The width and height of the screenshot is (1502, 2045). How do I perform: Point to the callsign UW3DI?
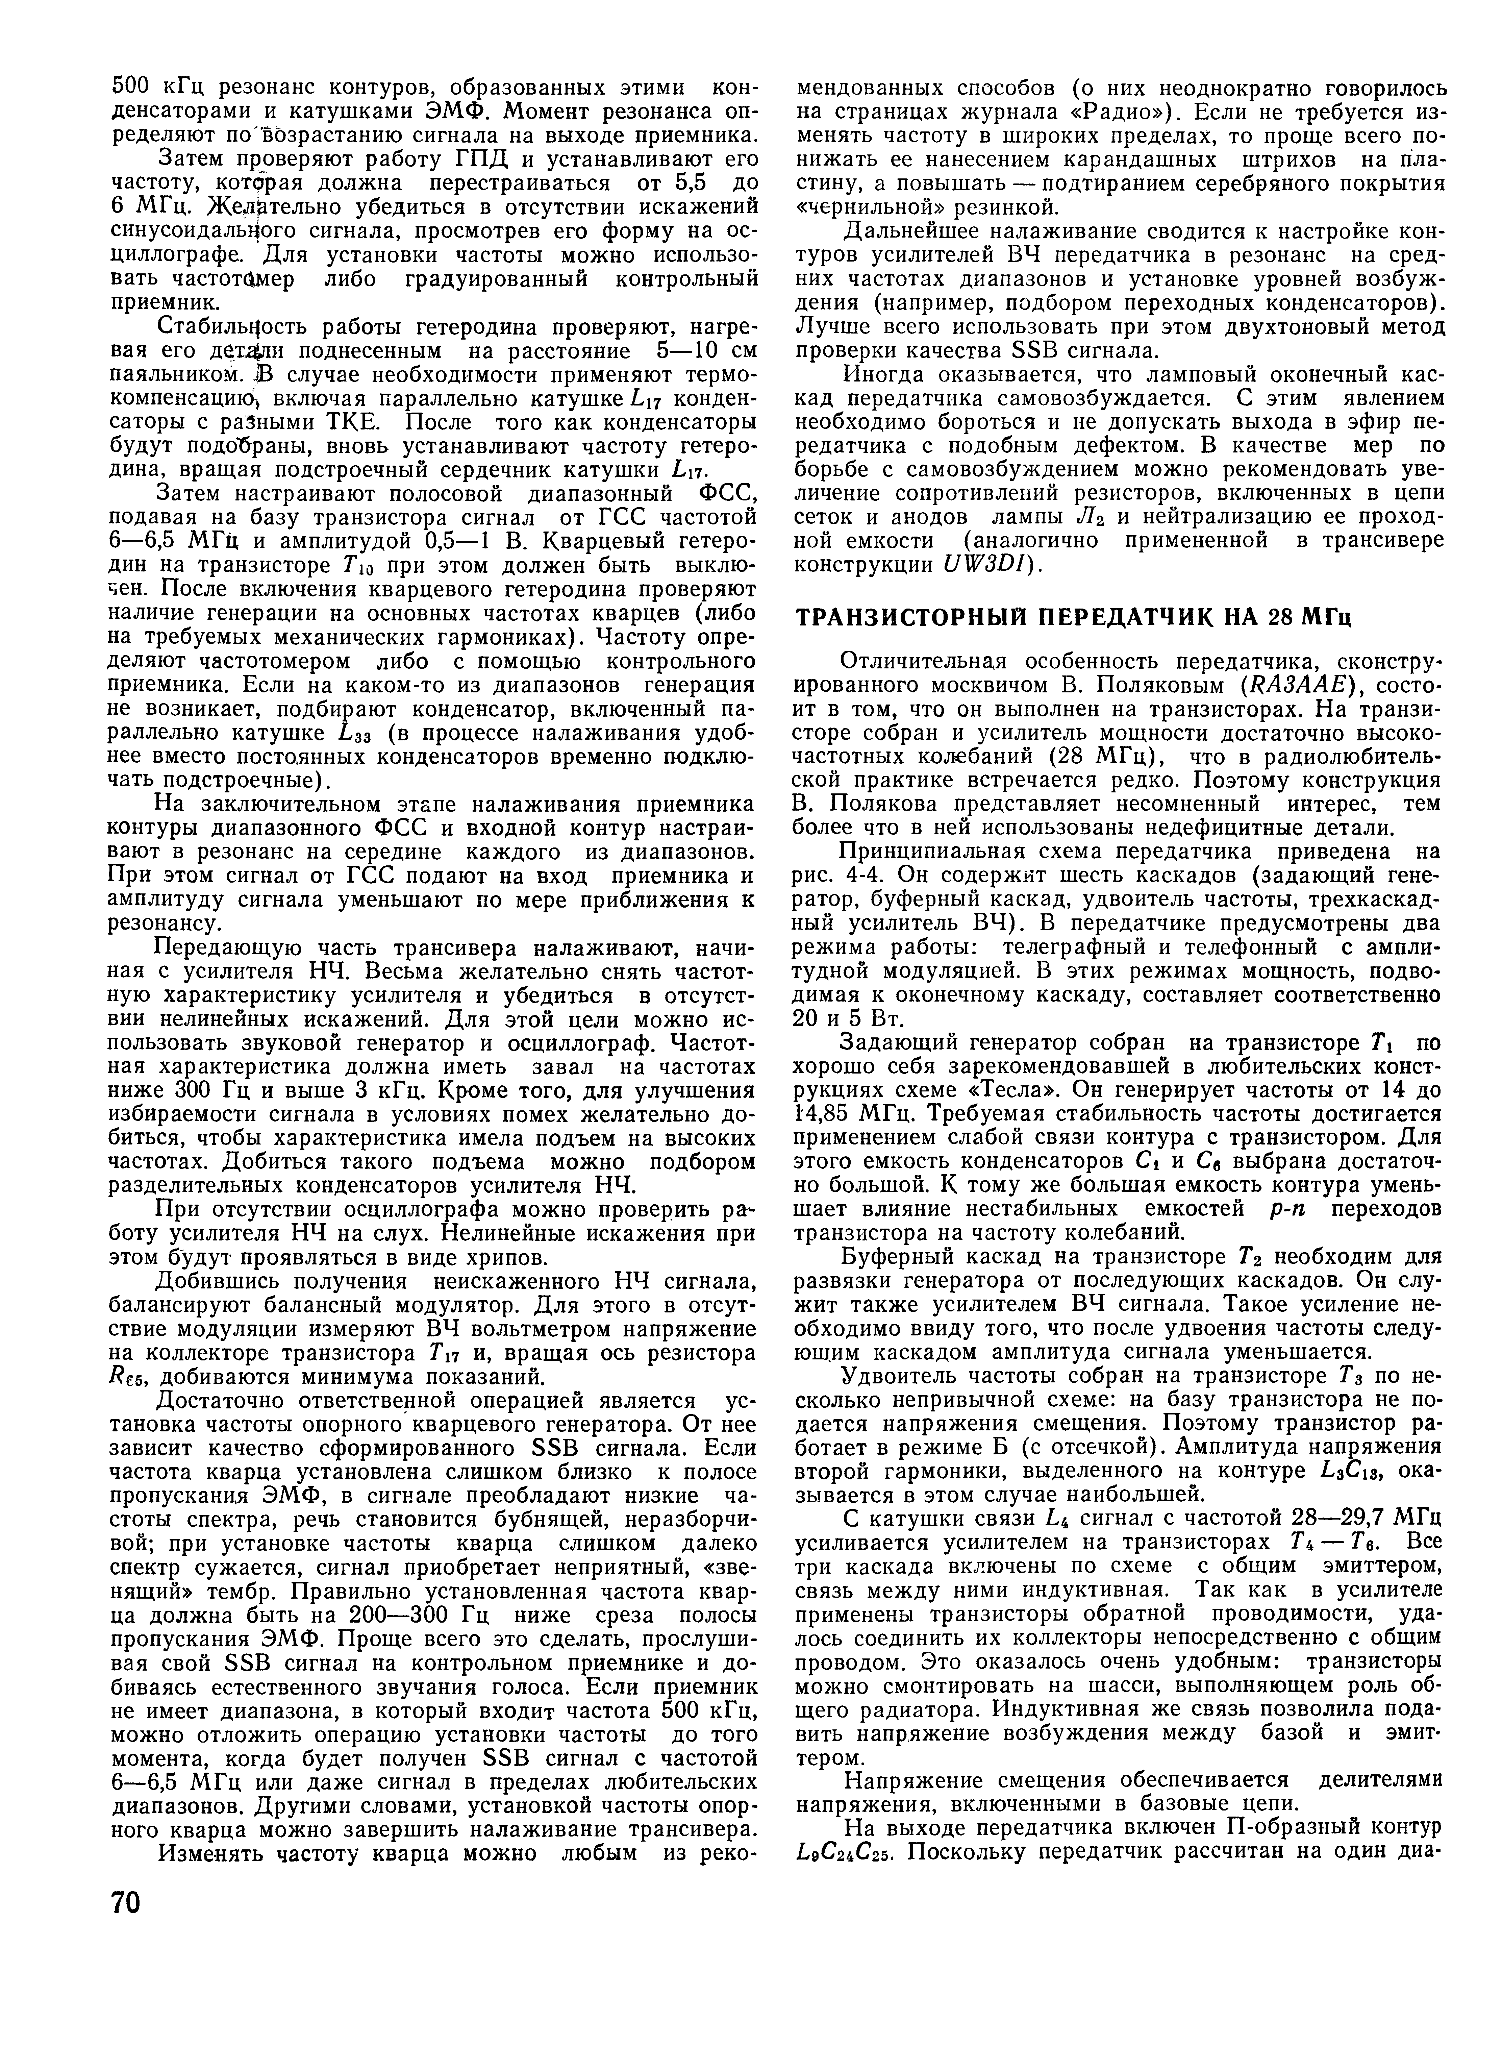point(986,565)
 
